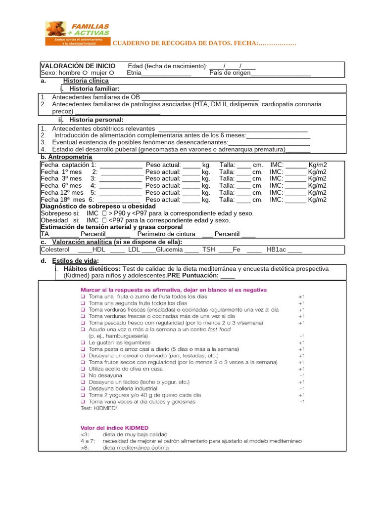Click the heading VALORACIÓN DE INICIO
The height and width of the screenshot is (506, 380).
click(78, 66)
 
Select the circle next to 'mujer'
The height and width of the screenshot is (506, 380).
click(111, 73)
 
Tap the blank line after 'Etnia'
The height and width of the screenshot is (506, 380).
click(166, 74)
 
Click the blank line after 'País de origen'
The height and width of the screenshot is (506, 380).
click(281, 74)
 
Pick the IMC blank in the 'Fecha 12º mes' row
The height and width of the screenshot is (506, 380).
click(295, 193)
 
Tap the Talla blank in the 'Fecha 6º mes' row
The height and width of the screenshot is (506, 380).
click(243, 186)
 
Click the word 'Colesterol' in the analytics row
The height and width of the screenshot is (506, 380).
click(56, 250)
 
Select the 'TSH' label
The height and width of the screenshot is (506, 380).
click(208, 250)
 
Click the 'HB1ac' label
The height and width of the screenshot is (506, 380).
click(276, 250)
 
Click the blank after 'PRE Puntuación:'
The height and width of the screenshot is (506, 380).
click(228, 276)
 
